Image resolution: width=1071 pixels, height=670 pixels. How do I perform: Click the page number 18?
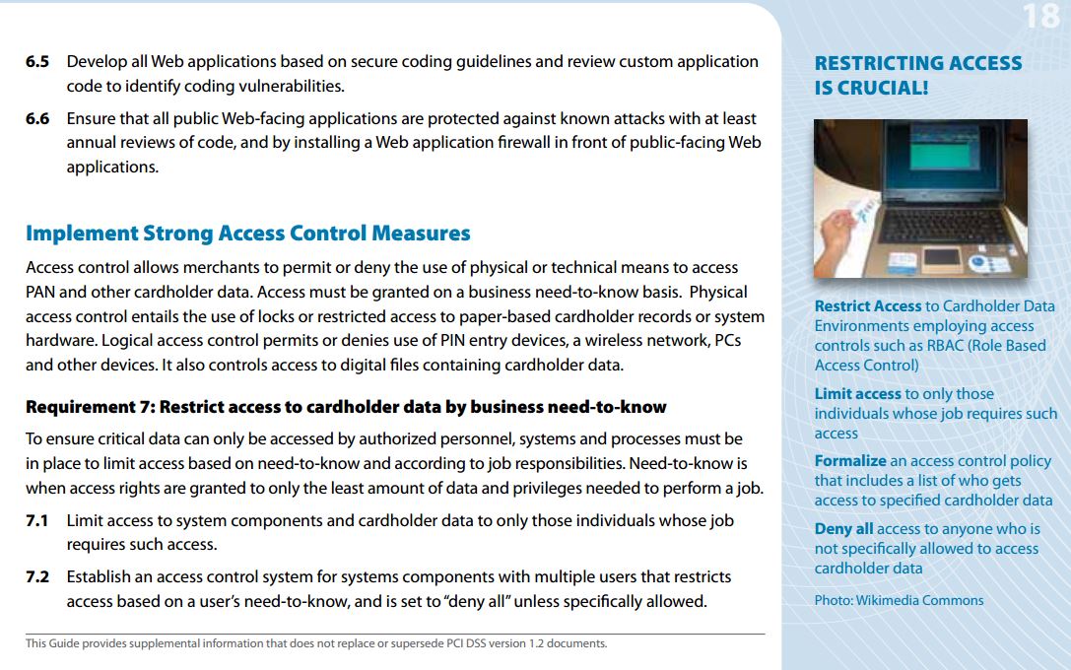tap(1040, 16)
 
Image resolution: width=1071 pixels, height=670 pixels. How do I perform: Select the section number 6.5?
tap(37, 61)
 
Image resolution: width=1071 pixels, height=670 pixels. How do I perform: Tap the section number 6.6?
tap(37, 118)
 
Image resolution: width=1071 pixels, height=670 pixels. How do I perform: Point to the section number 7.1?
tap(37, 519)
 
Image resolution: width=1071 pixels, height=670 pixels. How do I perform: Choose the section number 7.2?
tap(37, 576)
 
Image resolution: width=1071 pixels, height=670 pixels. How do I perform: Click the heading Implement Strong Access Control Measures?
tap(247, 234)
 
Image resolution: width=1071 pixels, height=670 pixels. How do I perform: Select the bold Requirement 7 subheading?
tap(346, 407)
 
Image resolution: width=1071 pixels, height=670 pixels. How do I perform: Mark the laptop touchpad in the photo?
tap(941, 258)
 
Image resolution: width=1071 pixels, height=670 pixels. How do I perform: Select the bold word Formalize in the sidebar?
tap(849, 460)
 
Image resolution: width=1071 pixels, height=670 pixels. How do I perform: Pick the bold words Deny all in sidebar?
tap(843, 529)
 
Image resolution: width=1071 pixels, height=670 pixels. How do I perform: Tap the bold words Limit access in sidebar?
tap(857, 393)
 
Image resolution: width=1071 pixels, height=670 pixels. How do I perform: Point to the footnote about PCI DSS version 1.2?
tap(316, 644)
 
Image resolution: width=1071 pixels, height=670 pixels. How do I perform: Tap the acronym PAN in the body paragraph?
tap(41, 292)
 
